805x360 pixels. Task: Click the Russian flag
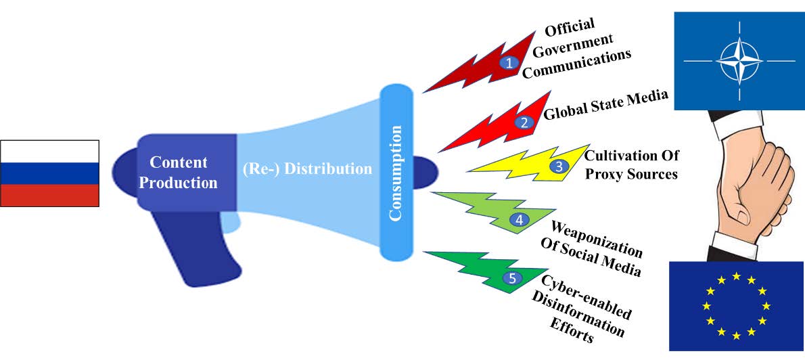[50, 173]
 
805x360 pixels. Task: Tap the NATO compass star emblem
[739, 60]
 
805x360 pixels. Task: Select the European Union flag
[736, 305]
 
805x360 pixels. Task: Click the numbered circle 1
[509, 62]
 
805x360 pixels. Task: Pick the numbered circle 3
[558, 165]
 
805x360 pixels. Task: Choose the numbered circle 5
[513, 277]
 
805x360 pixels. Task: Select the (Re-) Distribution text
[307, 168]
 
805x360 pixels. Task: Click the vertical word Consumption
[396, 173]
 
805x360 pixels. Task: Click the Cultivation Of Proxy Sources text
[631, 164]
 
